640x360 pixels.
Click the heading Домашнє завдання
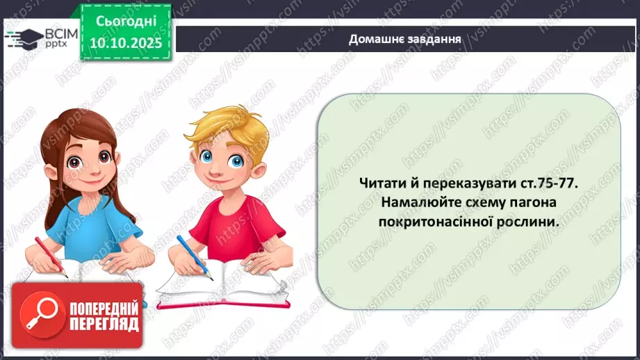point(406,39)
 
